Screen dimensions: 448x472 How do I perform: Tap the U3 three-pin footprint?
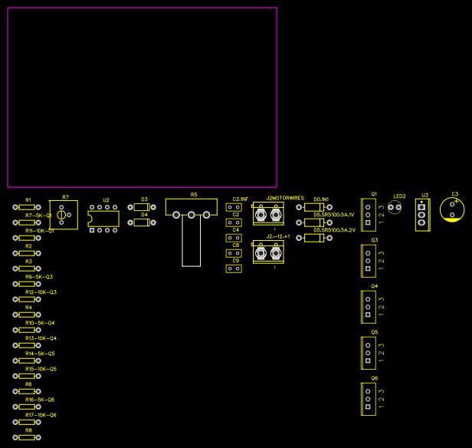tap(421, 215)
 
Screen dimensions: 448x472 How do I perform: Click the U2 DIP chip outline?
tap(103, 219)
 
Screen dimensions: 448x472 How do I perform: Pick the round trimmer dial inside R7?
tap(61, 216)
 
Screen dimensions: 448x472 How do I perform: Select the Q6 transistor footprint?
tap(369, 399)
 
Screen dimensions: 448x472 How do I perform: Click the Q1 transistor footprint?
tap(369, 216)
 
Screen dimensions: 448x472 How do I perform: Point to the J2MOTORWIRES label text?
tap(285, 198)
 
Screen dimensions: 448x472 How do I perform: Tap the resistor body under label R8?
tap(27, 437)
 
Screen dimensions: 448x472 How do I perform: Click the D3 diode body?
tap(141, 207)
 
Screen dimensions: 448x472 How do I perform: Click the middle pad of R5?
tap(191, 216)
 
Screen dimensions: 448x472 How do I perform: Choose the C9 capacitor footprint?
tap(234, 268)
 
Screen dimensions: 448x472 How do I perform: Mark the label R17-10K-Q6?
tap(41, 415)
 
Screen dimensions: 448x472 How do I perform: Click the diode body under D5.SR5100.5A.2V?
tap(313, 238)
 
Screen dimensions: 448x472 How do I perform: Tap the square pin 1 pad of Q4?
tap(368, 315)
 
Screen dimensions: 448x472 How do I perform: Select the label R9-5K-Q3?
tap(39, 277)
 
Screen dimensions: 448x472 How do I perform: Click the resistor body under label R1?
tap(27, 207)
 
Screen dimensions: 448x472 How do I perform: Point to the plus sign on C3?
tap(457, 202)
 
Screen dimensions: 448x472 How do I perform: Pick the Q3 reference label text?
tap(375, 240)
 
